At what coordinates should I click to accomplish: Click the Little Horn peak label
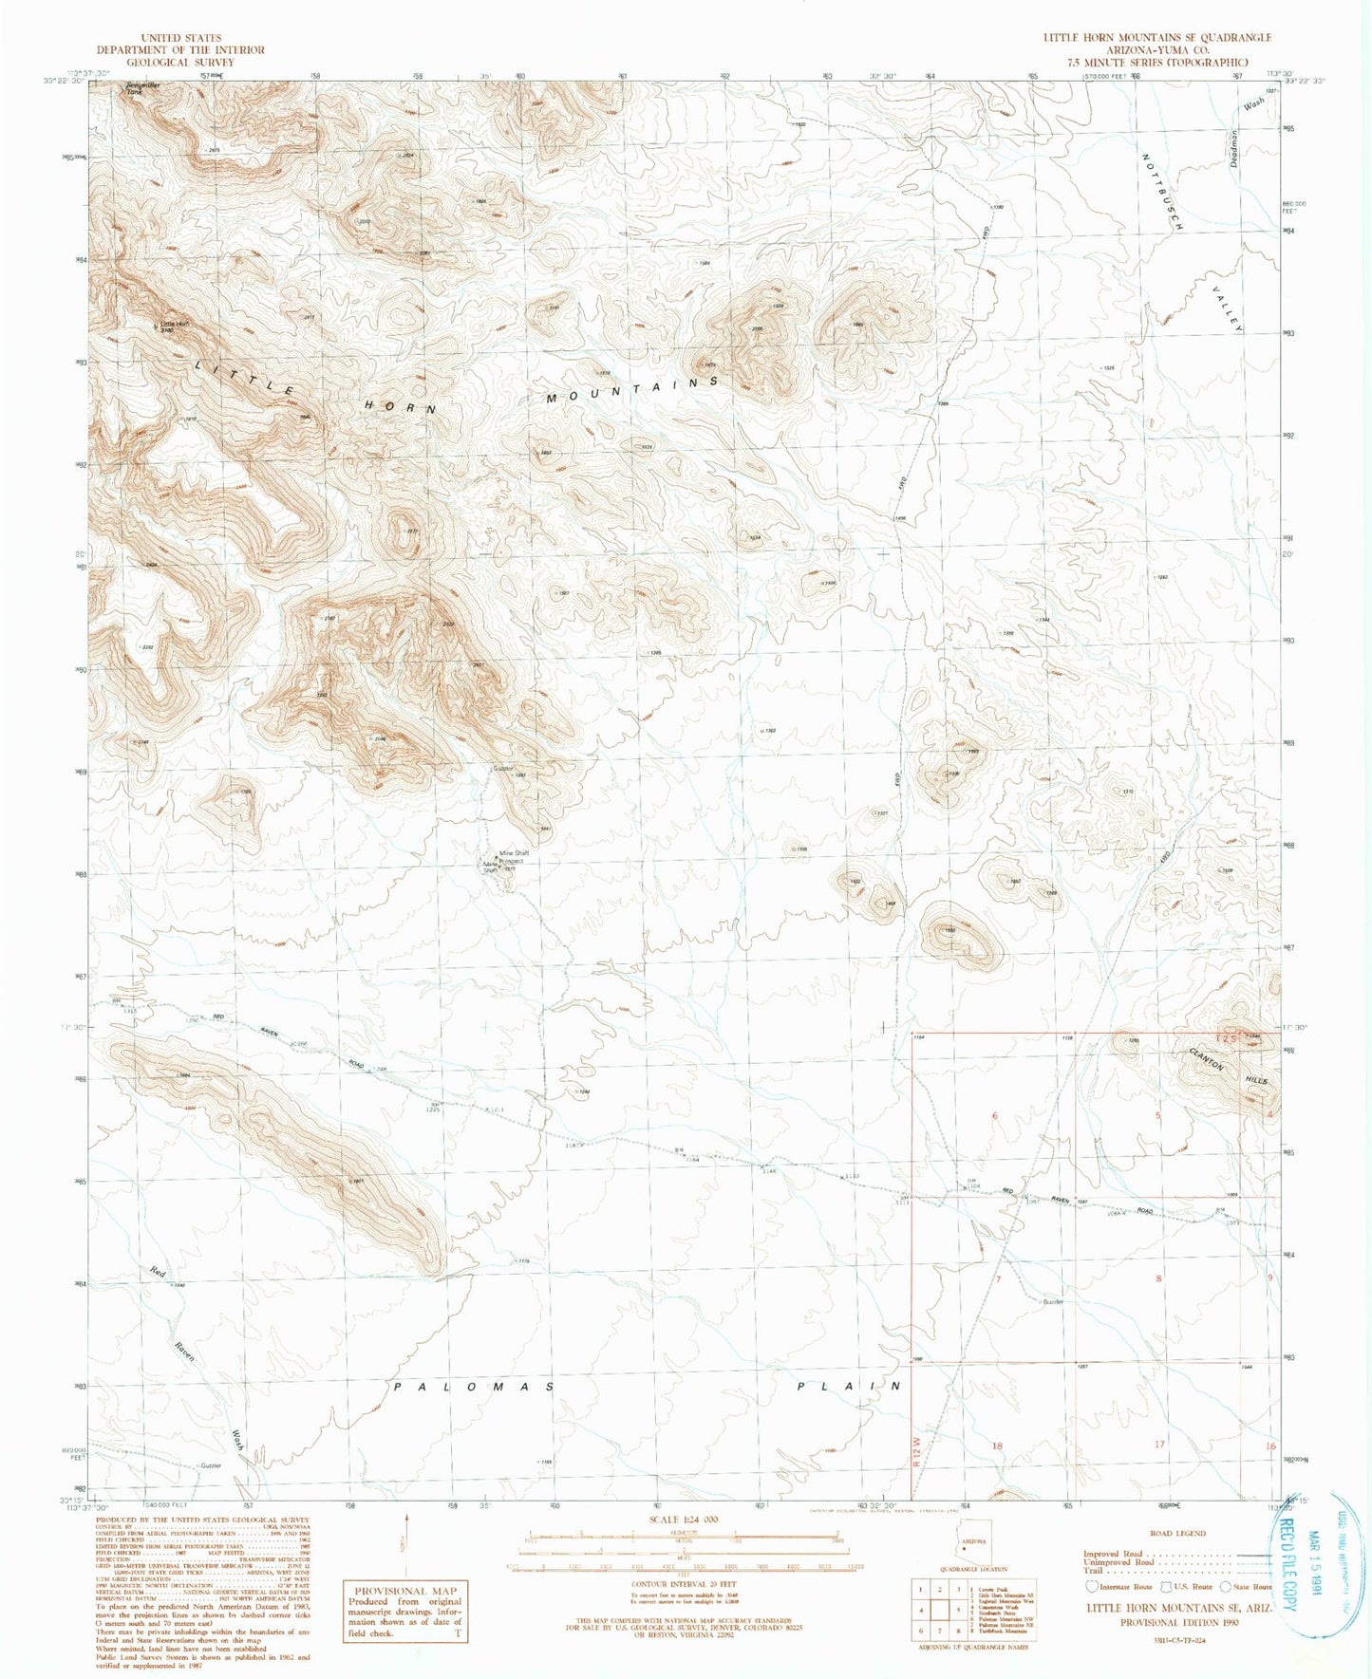pyautogui.click(x=175, y=325)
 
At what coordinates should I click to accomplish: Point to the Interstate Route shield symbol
pyautogui.click(x=1092, y=1586)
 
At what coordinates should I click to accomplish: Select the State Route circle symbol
pyautogui.click(x=1226, y=1586)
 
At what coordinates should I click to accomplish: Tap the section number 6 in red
pyautogui.click(x=994, y=1115)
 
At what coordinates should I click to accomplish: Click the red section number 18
pyautogui.click(x=996, y=1446)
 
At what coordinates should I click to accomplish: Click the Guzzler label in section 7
pyautogui.click(x=1052, y=1301)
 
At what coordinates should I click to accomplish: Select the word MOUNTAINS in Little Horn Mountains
pyautogui.click(x=632, y=389)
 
